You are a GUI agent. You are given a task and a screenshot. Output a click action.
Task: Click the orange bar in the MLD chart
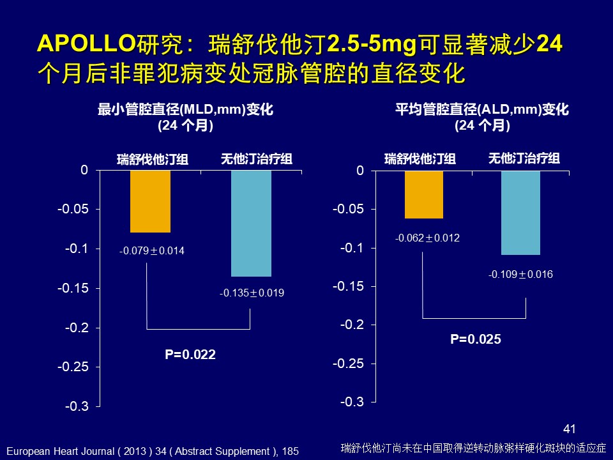pyautogui.click(x=150, y=201)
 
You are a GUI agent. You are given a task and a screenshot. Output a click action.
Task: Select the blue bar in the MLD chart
pyautogui.click(x=251, y=223)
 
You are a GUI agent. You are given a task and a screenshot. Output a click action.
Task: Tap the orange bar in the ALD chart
pyautogui.click(x=423, y=194)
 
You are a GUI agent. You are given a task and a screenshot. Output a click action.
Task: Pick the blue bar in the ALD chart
pyautogui.click(x=520, y=212)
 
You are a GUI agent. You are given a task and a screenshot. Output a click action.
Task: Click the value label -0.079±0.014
pyautogui.click(x=151, y=251)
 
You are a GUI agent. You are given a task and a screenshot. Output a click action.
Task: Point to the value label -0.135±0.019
pyautogui.click(x=252, y=294)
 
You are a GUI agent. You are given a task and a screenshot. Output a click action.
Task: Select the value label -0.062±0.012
pyautogui.click(x=427, y=238)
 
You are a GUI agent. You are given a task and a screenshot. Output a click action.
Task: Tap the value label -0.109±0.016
pyautogui.click(x=520, y=275)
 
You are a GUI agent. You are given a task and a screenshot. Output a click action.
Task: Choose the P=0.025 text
pyautogui.click(x=476, y=340)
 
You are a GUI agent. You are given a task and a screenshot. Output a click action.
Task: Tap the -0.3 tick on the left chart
pyautogui.click(x=77, y=406)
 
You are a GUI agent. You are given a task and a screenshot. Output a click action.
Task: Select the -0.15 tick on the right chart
pyautogui.click(x=350, y=286)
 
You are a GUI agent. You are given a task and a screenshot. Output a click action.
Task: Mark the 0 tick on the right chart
pyautogui.click(x=360, y=171)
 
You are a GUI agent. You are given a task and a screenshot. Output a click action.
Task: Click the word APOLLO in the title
pyautogui.click(x=86, y=46)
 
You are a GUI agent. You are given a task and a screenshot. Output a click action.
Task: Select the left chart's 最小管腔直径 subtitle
pyautogui.click(x=185, y=110)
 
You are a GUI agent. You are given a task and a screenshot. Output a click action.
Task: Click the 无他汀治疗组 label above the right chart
pyautogui.click(x=524, y=158)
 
